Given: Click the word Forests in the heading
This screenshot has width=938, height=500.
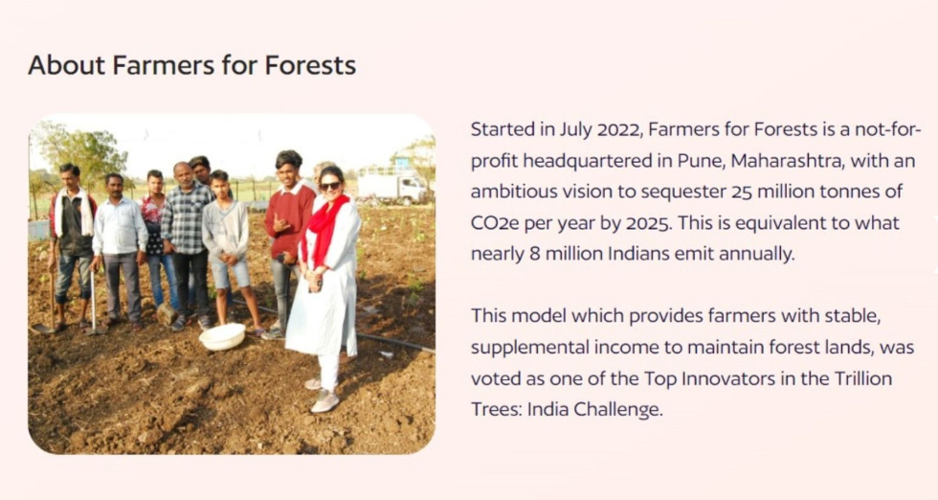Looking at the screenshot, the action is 310,65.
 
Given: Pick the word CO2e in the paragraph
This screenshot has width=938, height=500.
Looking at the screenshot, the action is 495,223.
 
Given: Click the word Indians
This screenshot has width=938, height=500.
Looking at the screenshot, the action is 639,254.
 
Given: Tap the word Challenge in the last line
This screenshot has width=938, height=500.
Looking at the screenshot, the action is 618,410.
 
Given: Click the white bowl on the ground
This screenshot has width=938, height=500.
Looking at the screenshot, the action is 222,336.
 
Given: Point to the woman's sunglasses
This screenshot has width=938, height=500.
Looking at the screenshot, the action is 330,186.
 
